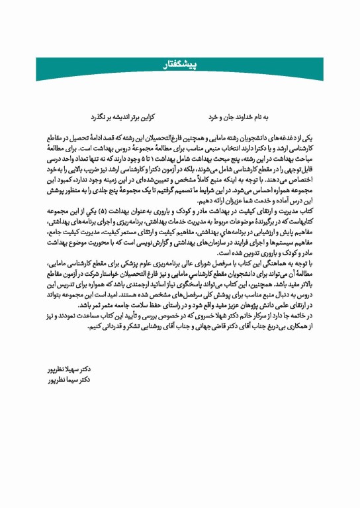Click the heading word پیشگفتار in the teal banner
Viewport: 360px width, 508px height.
[180, 63]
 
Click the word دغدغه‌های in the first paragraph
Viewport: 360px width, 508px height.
[282, 135]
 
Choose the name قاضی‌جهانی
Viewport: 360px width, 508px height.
[180, 326]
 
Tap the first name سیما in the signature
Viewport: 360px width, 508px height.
[78, 380]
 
